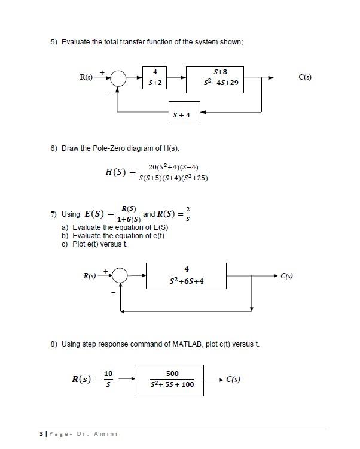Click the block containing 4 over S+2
pos(155,78)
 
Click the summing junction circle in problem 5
pos(118,78)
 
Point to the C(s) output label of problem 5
pos(306,77)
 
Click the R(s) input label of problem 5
pos(87,77)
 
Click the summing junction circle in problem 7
pos(120,275)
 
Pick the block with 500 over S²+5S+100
pos(172,379)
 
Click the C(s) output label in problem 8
pos(233,379)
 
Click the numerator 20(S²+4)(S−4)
pos(173,166)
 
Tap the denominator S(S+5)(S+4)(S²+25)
pos(173,178)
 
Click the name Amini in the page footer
pos(107,433)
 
